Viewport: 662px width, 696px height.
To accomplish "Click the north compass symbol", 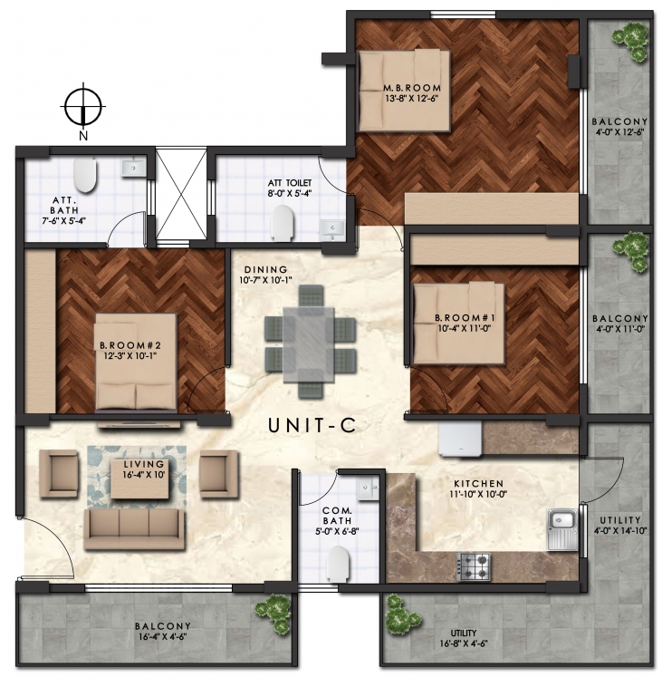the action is click(x=83, y=107).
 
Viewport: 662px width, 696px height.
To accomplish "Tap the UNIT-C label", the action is click(x=312, y=426).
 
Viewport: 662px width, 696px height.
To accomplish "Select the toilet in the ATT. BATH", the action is click(x=85, y=175).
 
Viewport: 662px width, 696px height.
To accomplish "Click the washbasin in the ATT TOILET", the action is click(x=332, y=229).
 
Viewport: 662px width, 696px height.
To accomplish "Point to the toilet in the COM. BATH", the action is click(x=337, y=564).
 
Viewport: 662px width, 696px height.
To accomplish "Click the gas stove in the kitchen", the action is click(x=474, y=566).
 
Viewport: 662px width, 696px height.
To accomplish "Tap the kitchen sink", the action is click(x=561, y=528).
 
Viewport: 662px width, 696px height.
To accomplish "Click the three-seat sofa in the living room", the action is click(x=134, y=528).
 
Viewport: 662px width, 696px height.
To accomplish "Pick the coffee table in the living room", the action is click(x=140, y=478).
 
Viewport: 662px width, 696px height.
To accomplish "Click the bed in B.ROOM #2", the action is click(x=135, y=362).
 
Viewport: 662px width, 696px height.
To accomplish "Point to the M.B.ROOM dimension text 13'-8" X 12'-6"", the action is click(x=413, y=98).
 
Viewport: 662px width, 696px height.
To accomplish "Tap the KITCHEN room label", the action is click(x=478, y=483).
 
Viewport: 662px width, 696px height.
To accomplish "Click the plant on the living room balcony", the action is click(x=272, y=612).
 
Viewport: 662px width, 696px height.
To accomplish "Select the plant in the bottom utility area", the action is click(x=401, y=614).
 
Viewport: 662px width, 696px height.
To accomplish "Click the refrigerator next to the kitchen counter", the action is click(x=460, y=439).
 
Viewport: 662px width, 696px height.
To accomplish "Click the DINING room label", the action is click(x=265, y=269).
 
